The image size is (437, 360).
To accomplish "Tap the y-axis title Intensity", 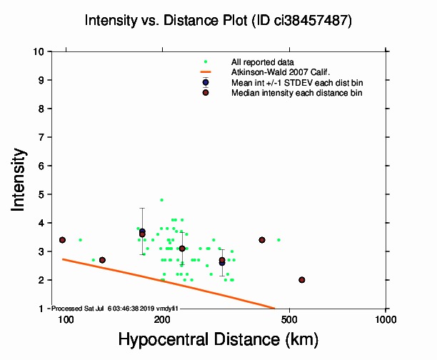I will [20, 179].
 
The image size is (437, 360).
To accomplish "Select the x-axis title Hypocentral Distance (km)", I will [218, 338].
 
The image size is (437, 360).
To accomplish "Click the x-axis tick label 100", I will [66, 319].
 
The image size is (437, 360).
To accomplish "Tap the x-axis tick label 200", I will [162, 319].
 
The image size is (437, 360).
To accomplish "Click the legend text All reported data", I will [262, 63].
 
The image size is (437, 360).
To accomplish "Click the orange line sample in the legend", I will [206, 72].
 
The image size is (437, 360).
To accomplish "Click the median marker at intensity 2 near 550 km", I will [301, 280].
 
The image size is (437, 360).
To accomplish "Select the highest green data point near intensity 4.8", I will [161, 200].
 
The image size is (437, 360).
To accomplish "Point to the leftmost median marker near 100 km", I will [62, 240].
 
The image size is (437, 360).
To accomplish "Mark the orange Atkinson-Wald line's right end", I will [275, 309].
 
